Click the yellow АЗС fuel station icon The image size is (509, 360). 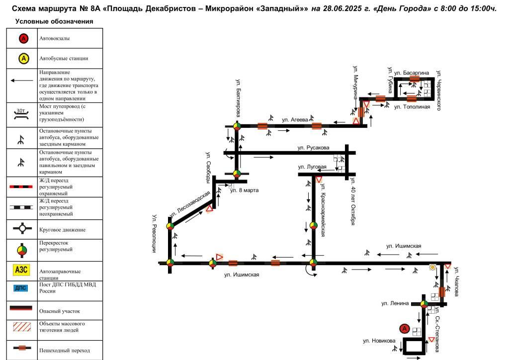pyautogui.click(x=21, y=270)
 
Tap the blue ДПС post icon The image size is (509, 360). pyautogui.click(x=21, y=288)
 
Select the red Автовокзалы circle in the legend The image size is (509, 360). pyautogui.click(x=23, y=39)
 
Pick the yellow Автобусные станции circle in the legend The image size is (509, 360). pyautogui.click(x=23, y=59)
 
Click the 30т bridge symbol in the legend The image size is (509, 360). pyautogui.click(x=21, y=113)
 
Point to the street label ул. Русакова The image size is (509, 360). pyautogui.click(x=313, y=148)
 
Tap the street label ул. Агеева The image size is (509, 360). pyautogui.click(x=295, y=120)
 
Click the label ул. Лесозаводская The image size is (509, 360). pyautogui.click(x=190, y=204)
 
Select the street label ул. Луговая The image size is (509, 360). pyautogui.click(x=312, y=167)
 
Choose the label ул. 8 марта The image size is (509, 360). pyautogui.click(x=244, y=190)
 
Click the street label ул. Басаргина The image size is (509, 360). pyautogui.click(x=412, y=73)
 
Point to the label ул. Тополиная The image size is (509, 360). pyautogui.click(x=412, y=107)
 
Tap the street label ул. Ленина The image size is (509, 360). pyautogui.click(x=395, y=303)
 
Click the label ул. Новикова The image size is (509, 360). pyautogui.click(x=379, y=341)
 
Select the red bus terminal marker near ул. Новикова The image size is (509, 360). pyautogui.click(x=405, y=329)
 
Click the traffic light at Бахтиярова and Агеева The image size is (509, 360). pyautogui.click(x=237, y=126)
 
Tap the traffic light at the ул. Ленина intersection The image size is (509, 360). pyautogui.click(x=424, y=304)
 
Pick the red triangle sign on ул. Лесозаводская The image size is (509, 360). pyautogui.click(x=209, y=208)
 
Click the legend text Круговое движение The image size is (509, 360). pyautogui.click(x=62, y=230)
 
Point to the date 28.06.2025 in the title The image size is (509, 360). pyautogui.click(x=342, y=8)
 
